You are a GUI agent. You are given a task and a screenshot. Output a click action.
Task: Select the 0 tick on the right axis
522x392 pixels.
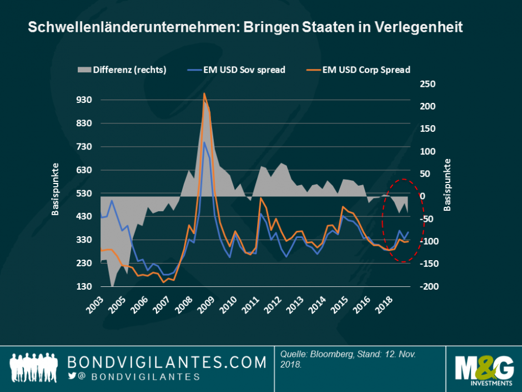(421, 196)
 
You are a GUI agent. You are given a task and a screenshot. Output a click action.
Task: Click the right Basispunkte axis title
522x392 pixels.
(448, 185)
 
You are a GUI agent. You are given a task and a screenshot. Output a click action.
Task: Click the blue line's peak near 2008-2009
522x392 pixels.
(204, 142)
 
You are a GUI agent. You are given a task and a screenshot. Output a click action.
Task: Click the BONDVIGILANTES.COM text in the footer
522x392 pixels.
(167, 363)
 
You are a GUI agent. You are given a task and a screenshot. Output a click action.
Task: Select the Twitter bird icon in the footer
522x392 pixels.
(72, 376)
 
